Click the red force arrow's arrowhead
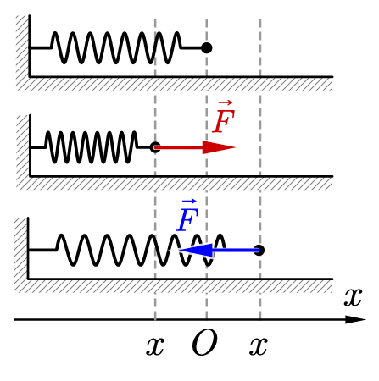(x=219, y=147)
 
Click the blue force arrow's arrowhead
(x=196, y=250)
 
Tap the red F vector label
(x=224, y=117)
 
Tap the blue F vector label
(x=187, y=216)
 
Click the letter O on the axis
(x=204, y=342)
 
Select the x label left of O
(x=155, y=345)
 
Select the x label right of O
(x=259, y=345)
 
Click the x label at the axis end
(x=353, y=297)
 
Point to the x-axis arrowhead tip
(x=366, y=319)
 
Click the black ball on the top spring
(x=207, y=48)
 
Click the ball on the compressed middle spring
(x=155, y=147)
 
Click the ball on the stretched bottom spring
(x=259, y=250)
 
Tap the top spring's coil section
(x=116, y=48)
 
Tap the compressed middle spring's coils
(x=92, y=147)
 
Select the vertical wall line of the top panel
(x=30, y=46)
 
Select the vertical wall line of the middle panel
(x=30, y=146)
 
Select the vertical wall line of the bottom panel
(x=28, y=248)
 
